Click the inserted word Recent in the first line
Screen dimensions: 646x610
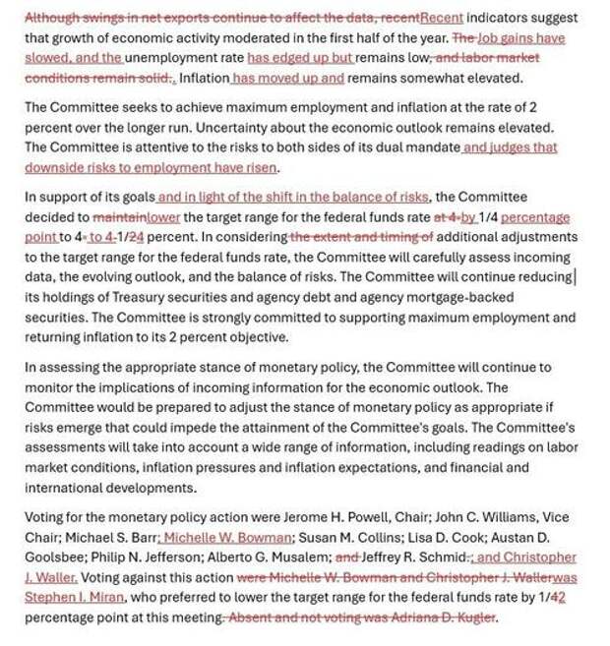pos(441,19)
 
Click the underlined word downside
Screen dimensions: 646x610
pos(55,167)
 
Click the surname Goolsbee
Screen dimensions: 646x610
pos(55,558)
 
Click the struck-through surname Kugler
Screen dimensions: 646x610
pos(474,617)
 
